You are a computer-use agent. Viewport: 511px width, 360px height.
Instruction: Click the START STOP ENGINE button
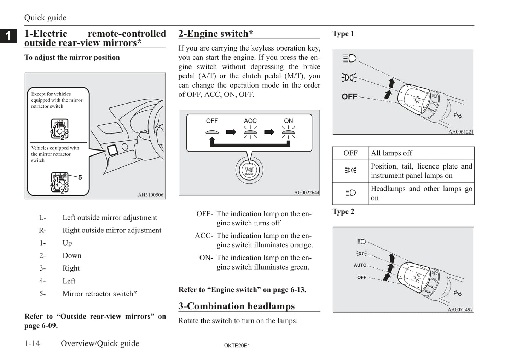click(249, 171)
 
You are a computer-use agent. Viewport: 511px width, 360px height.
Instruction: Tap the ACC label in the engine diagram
click(250, 121)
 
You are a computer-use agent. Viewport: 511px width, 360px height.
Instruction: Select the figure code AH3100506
click(151, 195)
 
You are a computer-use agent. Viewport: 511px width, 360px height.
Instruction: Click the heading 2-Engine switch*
click(216, 34)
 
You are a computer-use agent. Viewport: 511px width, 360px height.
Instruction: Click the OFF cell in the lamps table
click(350, 153)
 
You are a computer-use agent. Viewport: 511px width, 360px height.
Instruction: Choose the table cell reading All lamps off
click(391, 153)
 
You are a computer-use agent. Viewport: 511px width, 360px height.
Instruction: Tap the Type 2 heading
click(343, 212)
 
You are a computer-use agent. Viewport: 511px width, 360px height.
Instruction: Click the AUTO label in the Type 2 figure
click(360, 265)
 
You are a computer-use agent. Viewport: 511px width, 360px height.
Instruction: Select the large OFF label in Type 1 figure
click(349, 96)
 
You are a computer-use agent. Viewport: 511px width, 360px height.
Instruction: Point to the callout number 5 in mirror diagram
click(80, 177)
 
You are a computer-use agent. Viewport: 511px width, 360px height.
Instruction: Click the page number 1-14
click(32, 343)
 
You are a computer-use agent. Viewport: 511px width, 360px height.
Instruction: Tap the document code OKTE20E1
click(237, 346)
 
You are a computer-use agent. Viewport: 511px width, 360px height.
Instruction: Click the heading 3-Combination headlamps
click(236, 306)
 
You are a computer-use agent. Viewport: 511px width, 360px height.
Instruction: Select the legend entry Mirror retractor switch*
click(99, 294)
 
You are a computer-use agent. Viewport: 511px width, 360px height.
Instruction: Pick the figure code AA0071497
click(460, 310)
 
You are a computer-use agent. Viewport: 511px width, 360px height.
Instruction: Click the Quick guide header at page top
click(45, 18)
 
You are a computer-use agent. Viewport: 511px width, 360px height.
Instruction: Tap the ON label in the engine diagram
click(288, 121)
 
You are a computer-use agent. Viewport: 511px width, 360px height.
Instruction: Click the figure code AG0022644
click(306, 193)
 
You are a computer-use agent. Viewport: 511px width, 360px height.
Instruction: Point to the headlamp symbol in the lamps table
click(350, 193)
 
